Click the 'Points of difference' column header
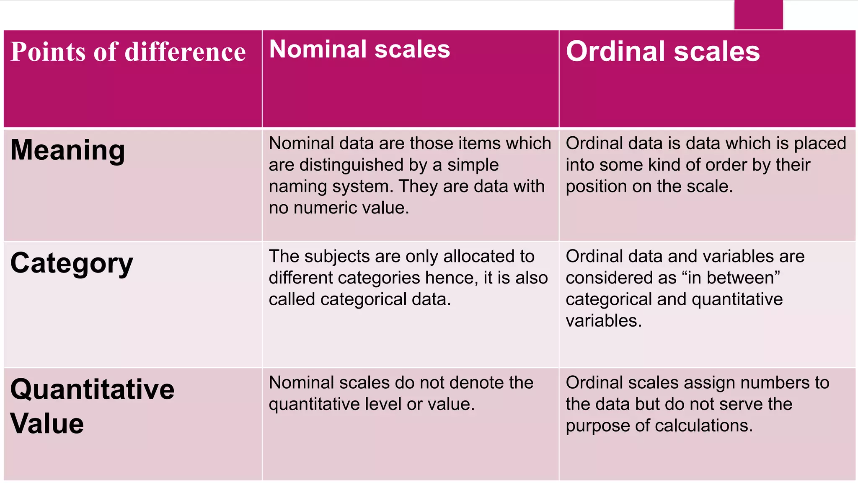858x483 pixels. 128,52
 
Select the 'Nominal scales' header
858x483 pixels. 359,49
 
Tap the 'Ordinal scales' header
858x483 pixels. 662,52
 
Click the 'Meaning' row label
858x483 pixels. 67,150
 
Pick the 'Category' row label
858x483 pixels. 72,264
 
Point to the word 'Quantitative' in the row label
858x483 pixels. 92,389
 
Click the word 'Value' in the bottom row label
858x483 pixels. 47,423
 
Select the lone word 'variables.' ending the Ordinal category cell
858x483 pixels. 604,321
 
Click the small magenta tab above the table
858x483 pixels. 758,15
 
